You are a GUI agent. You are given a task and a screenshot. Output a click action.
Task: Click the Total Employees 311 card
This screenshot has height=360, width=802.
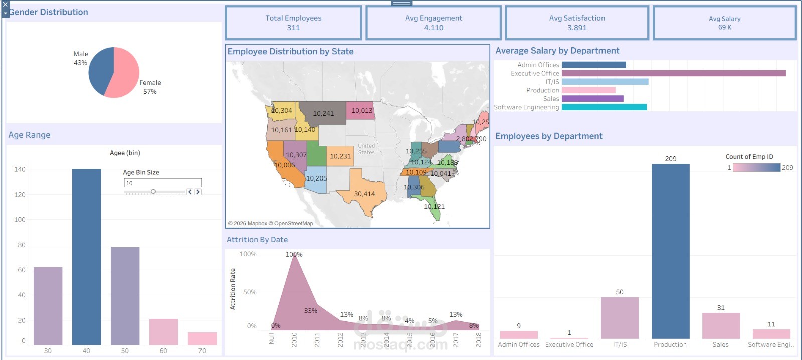293,23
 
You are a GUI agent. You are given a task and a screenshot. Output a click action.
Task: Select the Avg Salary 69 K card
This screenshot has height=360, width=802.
724,23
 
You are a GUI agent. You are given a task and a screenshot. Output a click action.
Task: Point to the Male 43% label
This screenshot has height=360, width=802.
80,58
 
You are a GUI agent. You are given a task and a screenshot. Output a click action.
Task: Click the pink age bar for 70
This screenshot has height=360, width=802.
202,338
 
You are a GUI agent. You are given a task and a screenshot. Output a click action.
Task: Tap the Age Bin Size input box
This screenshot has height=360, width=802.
162,183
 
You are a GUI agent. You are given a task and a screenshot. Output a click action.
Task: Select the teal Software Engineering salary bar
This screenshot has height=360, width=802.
604,107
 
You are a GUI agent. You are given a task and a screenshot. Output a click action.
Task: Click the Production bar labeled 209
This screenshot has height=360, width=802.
670,251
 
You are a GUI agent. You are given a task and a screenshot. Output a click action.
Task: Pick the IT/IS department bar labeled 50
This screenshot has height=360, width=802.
620,318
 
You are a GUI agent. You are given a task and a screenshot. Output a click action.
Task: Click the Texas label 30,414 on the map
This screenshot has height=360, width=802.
364,194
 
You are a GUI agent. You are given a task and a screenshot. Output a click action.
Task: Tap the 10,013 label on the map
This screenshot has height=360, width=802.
362,111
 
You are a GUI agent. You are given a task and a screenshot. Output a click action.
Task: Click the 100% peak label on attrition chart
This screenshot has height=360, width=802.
294,254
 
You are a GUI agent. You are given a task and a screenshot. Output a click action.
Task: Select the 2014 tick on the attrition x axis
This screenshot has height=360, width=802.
386,340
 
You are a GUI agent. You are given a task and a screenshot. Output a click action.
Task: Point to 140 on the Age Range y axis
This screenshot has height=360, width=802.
20,169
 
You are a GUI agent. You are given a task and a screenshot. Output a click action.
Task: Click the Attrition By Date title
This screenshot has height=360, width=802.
257,240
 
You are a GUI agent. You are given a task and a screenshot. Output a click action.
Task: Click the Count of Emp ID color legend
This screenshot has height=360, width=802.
756,168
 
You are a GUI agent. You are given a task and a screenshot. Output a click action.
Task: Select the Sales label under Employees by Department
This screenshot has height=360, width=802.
720,345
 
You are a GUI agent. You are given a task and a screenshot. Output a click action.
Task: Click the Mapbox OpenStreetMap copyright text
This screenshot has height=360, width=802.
271,224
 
